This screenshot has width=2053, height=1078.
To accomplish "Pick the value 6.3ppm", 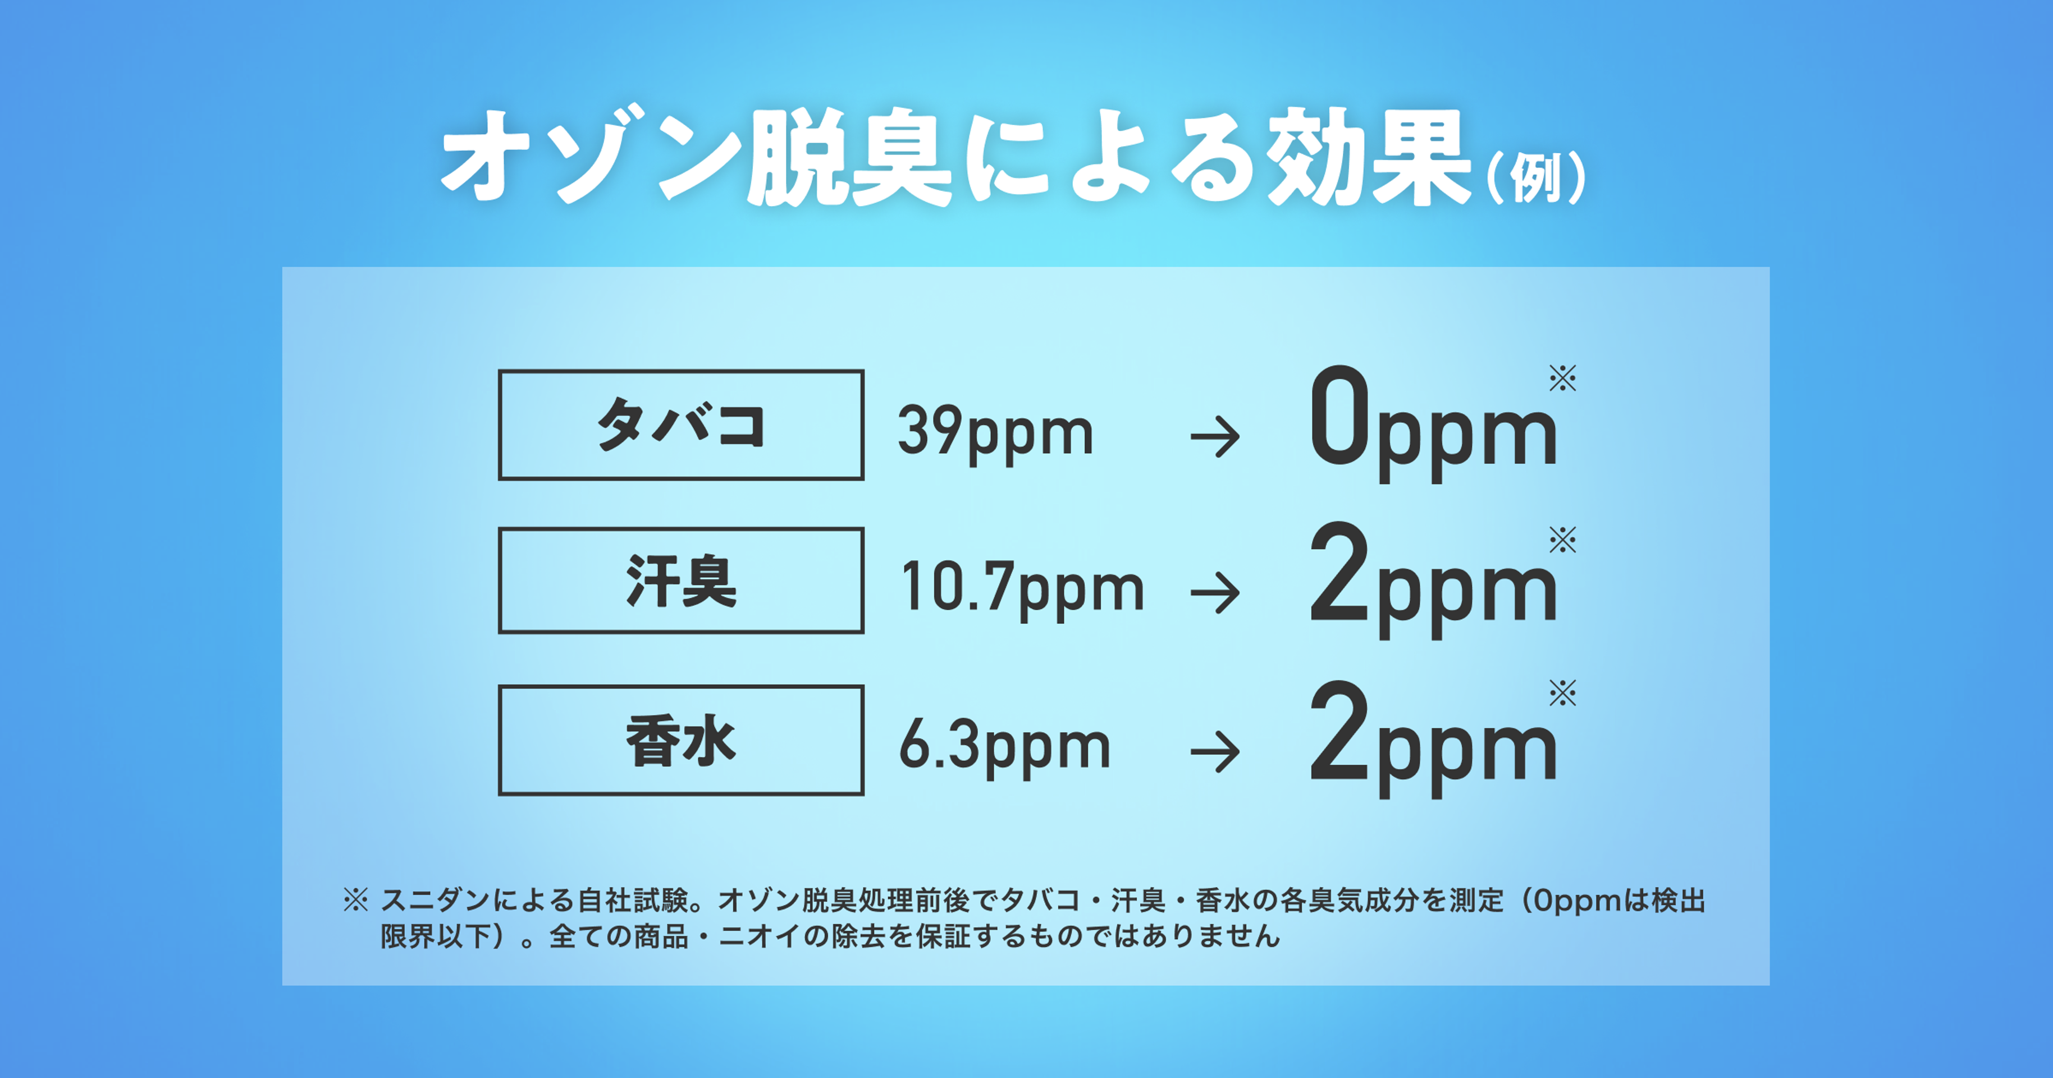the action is tap(1005, 748).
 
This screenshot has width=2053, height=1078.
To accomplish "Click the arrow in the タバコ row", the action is tap(1215, 437).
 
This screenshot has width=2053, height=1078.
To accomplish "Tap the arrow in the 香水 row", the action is tap(1215, 752).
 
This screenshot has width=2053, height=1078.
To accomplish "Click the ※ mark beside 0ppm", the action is tap(1562, 378).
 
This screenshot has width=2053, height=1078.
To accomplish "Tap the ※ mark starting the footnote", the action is tap(355, 900).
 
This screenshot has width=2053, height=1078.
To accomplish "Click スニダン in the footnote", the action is tap(435, 900).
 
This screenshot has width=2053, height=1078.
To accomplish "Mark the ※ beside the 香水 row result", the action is tap(1562, 693).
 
